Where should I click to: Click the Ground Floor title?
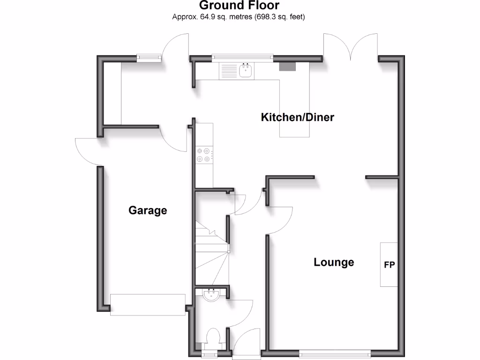(239, 6)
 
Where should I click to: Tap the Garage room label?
(148, 210)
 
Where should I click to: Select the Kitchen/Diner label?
(297, 117)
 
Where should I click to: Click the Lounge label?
(334, 262)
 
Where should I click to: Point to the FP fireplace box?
(389, 265)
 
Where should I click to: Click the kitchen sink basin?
(246, 71)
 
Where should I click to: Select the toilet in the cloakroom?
(213, 337)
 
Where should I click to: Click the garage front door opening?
(148, 305)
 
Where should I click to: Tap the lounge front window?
(335, 352)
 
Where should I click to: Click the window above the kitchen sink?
(241, 57)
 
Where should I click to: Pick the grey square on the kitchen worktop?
(288, 66)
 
